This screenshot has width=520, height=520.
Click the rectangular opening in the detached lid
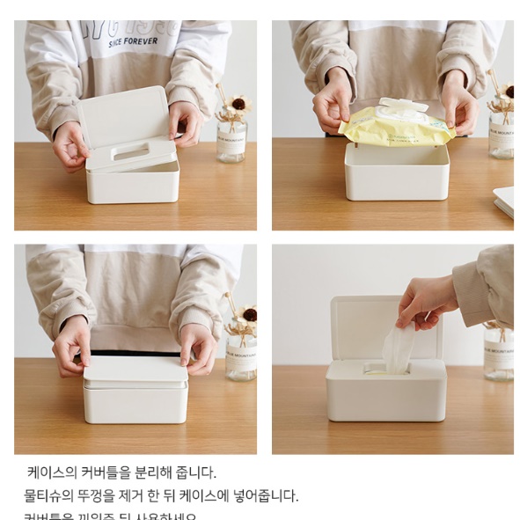point(131,150)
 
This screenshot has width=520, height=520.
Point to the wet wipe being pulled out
point(398,348)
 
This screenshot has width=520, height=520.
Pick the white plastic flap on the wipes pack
point(403,106)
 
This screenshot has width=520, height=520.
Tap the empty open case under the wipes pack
point(396,172)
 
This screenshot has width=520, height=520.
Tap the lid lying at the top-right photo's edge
point(504,201)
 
